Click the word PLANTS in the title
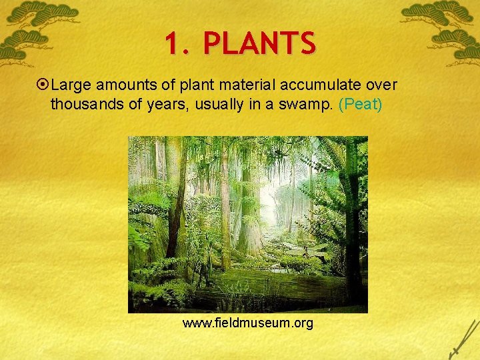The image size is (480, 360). pos(259,44)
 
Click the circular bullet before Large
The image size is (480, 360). pos(43,85)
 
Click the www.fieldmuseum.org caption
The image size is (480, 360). pos(247,324)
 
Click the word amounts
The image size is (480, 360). pos(125,85)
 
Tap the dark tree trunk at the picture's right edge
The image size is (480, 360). pos(353,220)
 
